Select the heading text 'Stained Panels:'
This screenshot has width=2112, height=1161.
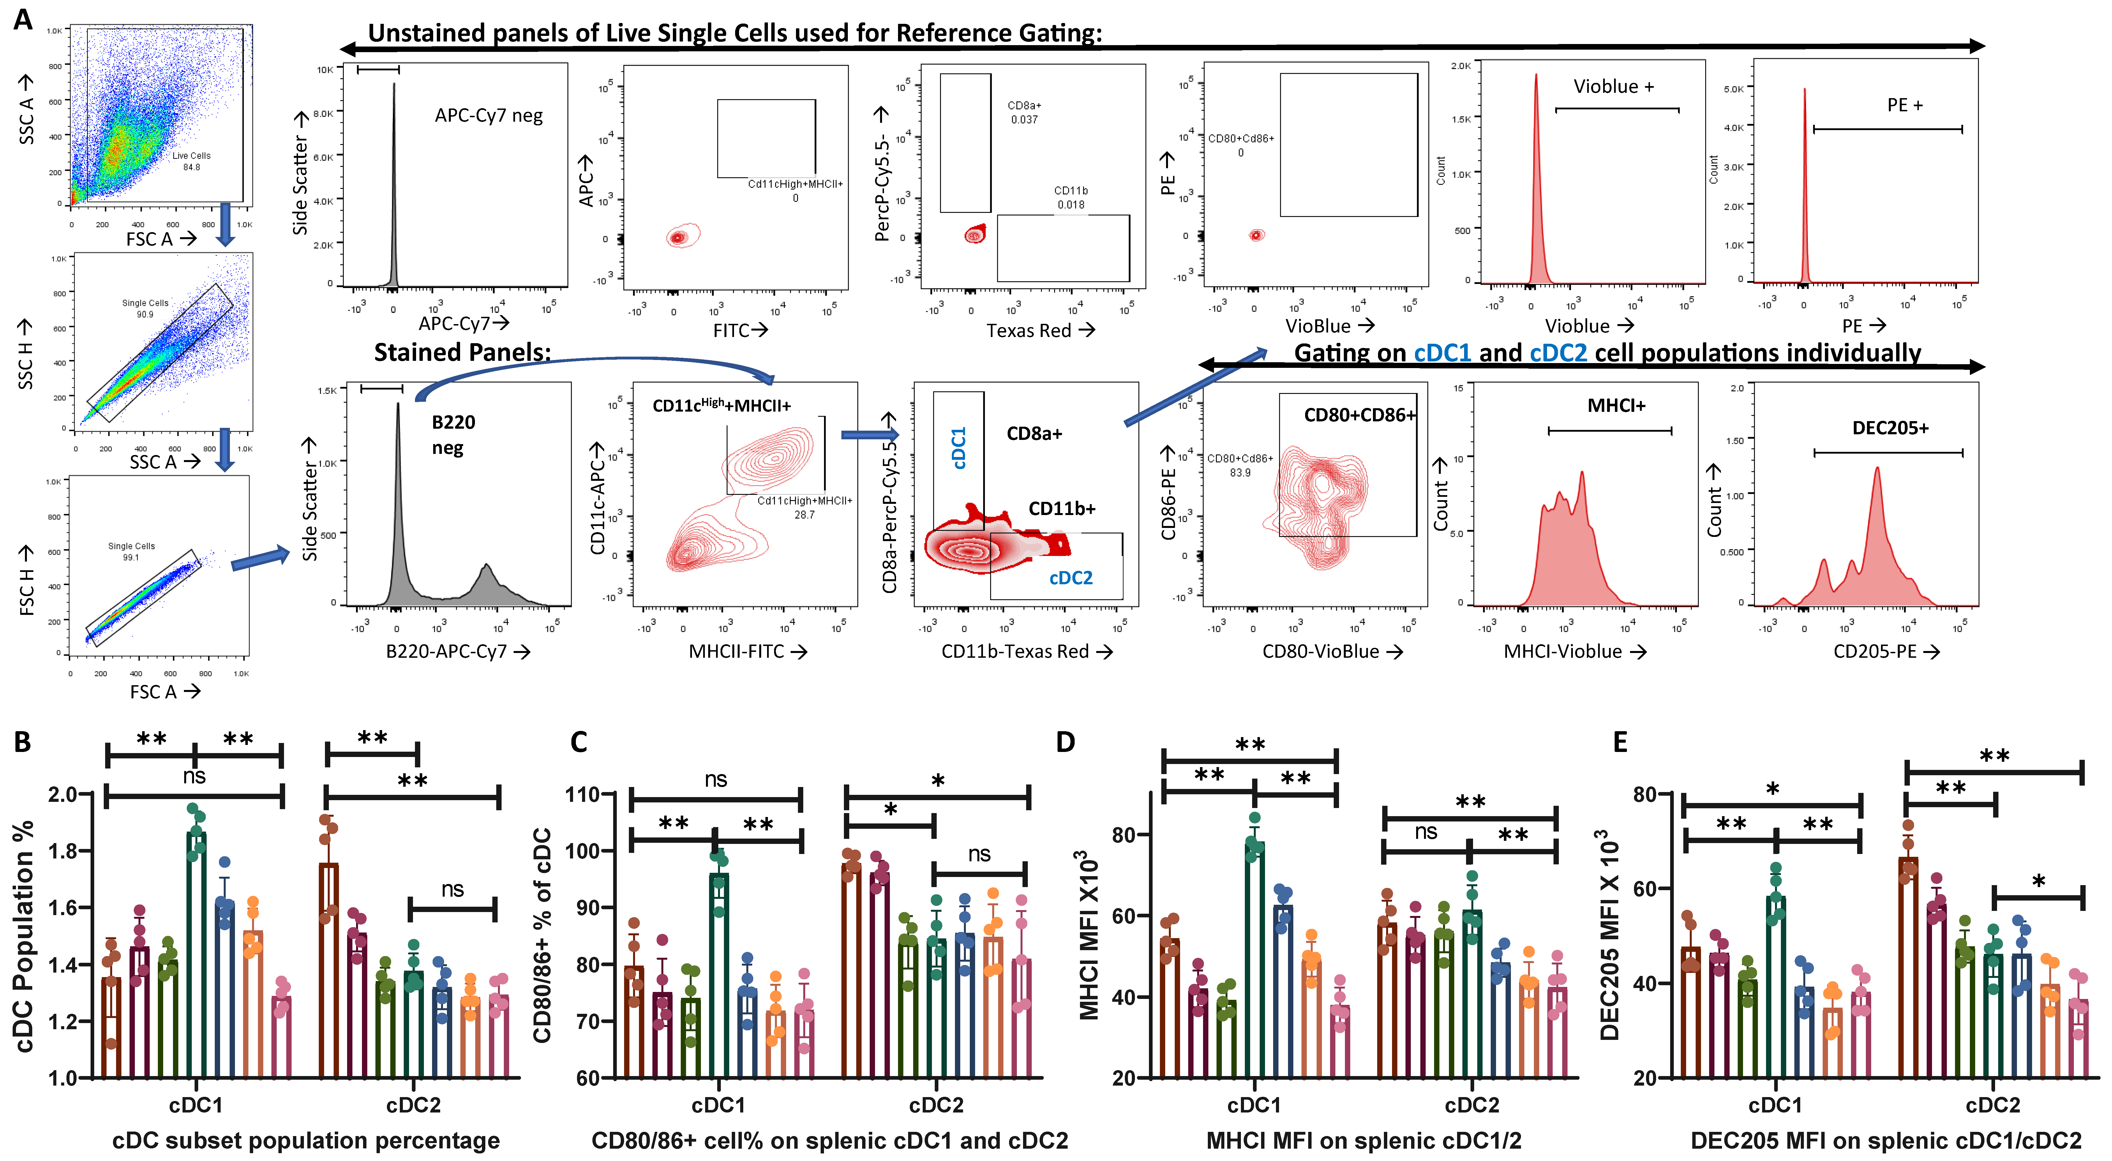[x=461, y=353]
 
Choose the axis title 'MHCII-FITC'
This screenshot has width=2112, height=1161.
[x=736, y=651]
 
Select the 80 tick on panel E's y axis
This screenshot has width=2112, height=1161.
[x=1645, y=794]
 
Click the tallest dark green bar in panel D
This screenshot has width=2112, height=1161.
[x=1254, y=959]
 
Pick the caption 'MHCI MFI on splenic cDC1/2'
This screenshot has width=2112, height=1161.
[x=1363, y=1141]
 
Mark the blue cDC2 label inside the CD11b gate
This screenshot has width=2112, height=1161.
[x=1071, y=578]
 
